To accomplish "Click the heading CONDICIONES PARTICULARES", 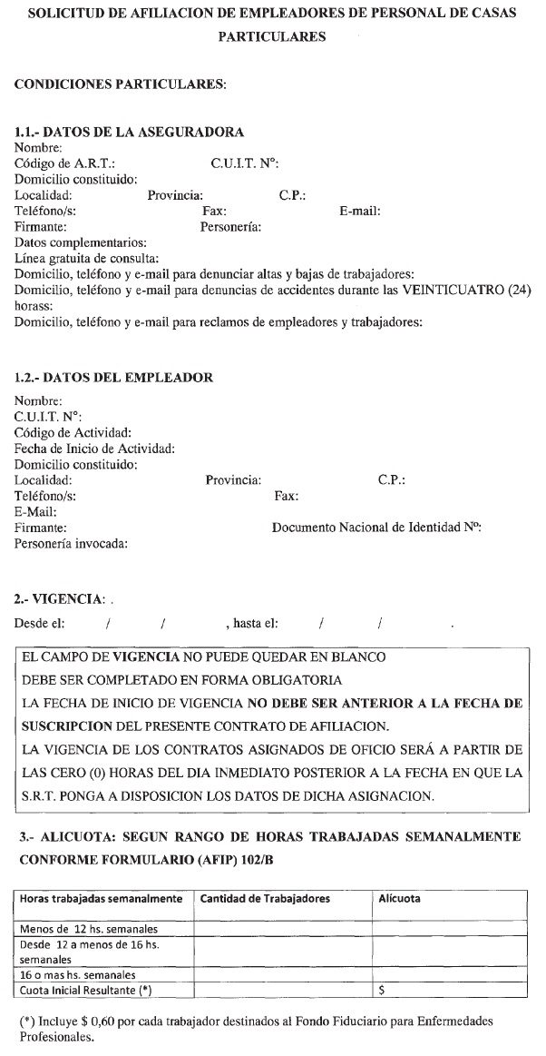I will coord(121,84).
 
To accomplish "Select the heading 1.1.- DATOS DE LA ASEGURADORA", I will coord(130,132).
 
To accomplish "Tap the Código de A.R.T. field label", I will coord(65,163).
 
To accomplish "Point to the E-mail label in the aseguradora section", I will coord(360,212).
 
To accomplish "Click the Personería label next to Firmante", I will coord(230,227).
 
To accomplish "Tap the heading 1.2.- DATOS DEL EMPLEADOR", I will coord(114,378).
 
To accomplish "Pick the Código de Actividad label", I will coord(73,432).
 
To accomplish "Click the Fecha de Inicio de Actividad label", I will coord(95,449).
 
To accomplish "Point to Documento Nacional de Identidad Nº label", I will coord(376,528).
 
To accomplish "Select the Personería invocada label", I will coord(72,544).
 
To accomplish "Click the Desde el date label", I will coord(39,624).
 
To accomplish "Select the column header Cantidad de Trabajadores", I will coord(265,899).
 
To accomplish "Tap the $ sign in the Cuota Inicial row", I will coord(382,990).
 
